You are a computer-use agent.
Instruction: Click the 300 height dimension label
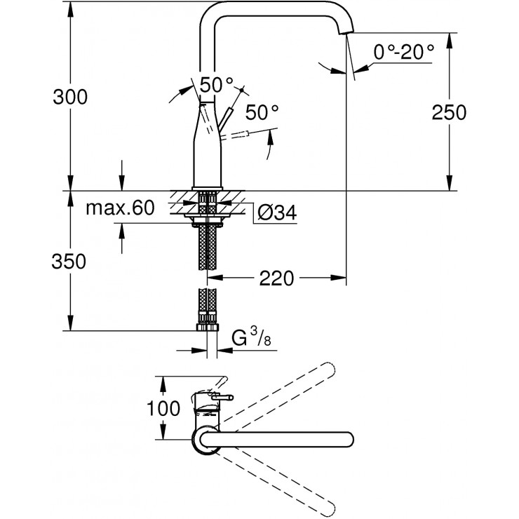70,98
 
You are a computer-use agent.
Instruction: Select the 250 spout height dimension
450,112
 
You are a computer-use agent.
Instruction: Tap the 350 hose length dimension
70,262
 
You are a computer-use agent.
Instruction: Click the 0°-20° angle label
404,51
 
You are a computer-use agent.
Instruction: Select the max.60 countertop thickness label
119,208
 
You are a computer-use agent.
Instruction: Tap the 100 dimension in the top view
166,408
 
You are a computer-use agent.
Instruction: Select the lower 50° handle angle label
262,112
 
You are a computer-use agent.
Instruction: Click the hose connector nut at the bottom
207,328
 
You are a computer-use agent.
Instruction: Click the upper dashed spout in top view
281,397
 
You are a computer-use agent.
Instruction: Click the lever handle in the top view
222,398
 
